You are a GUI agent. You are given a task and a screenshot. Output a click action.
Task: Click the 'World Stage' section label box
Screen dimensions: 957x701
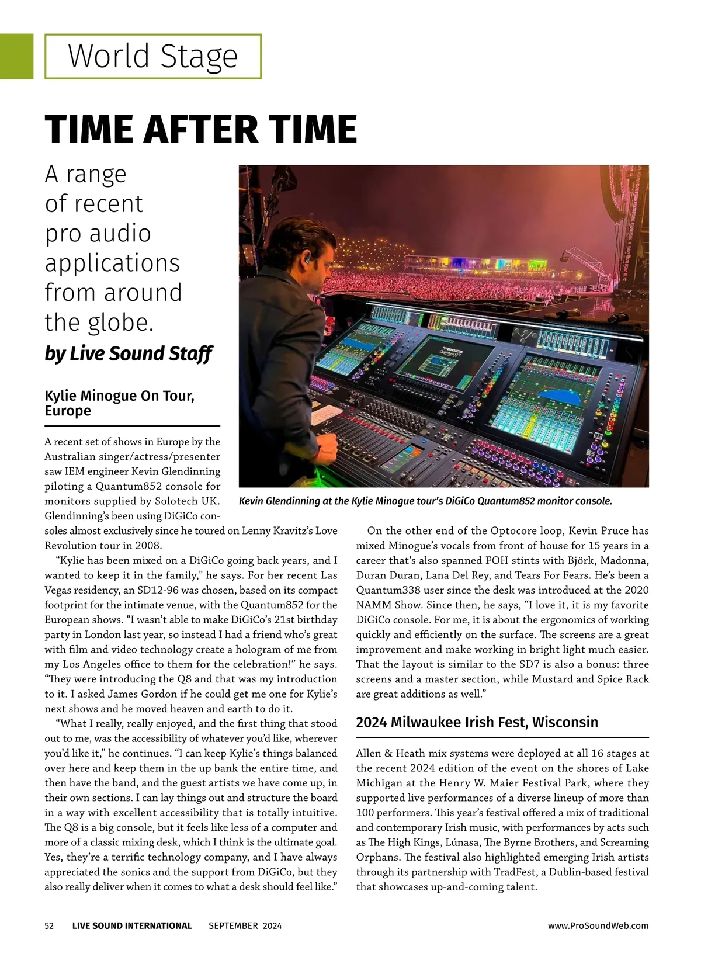153,57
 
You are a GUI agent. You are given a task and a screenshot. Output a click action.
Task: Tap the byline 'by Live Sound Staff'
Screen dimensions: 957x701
129,354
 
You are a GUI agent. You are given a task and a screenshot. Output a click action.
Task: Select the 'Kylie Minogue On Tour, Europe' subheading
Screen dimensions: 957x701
119,403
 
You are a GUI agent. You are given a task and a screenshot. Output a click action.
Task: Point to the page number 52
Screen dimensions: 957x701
50,925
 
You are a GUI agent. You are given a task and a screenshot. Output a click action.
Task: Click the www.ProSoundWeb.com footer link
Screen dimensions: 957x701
598,925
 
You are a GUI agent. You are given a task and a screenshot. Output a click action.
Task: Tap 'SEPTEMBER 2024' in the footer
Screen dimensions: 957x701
245,925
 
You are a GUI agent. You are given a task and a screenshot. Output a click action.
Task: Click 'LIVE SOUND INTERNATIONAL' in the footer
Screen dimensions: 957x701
132,925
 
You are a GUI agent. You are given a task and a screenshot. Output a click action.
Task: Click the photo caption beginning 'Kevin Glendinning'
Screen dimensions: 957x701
425,501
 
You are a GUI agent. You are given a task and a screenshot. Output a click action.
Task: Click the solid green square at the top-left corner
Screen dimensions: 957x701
16,56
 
